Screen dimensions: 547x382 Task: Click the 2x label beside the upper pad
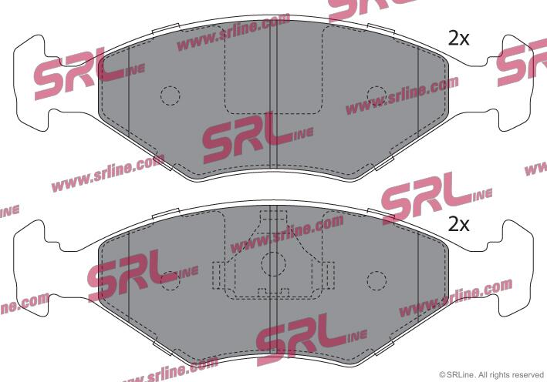point(458,39)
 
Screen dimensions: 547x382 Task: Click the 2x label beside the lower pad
point(458,225)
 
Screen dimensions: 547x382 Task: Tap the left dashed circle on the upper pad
point(171,95)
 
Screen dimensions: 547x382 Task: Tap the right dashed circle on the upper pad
point(376,95)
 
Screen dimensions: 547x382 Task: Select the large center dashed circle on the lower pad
point(273,264)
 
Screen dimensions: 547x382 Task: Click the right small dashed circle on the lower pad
point(376,280)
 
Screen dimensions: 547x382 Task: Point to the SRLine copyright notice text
point(491,375)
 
